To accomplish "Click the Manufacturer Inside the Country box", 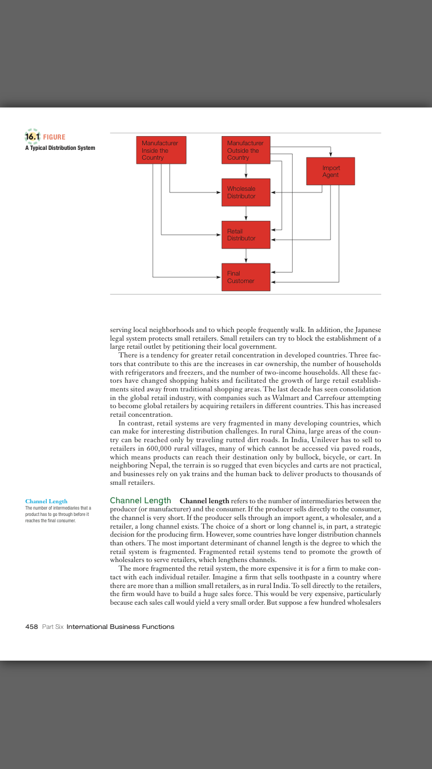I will (x=161, y=150).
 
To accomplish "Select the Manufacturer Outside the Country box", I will (x=246, y=150).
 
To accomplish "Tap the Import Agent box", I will (x=331, y=171).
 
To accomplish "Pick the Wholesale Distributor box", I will (x=246, y=193).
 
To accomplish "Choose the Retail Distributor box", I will (x=246, y=235).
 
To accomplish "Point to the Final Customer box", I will (x=246, y=277).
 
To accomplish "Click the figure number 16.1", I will (x=32, y=137).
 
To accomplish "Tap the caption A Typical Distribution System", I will (x=60, y=148).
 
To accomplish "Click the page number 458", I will (x=32, y=627).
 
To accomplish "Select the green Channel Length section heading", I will (x=141, y=500).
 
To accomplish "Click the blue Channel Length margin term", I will (x=46, y=502).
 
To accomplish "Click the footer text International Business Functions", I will (x=120, y=627).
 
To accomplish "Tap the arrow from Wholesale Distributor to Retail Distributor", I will (x=246, y=214).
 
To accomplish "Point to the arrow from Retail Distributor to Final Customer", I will (x=246, y=256).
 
